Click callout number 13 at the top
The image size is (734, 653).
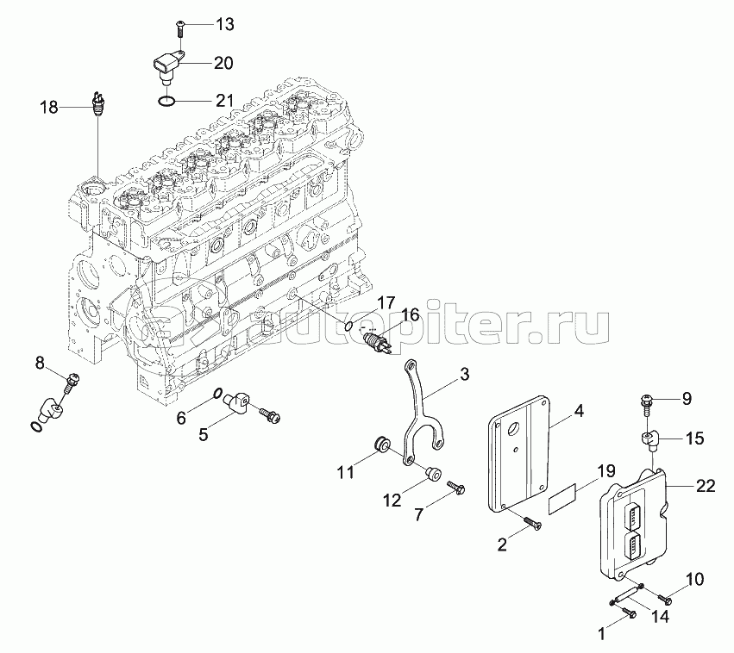coord(224,24)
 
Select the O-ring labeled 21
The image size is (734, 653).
coord(169,103)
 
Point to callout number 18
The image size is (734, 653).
coord(49,108)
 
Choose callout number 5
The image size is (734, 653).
coord(204,434)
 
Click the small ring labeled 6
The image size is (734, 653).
coord(219,395)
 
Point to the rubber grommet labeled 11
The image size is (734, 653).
coord(379,445)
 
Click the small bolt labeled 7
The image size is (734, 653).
coord(455,489)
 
